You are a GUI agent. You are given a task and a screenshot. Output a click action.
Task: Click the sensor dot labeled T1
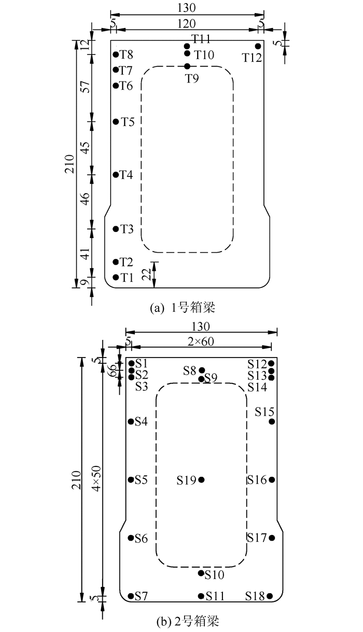click(x=116, y=278)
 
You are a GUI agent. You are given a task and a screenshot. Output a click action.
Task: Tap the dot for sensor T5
click(x=116, y=121)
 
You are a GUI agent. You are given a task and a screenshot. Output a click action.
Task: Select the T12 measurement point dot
click(x=258, y=46)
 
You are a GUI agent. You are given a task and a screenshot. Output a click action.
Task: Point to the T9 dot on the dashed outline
click(x=187, y=66)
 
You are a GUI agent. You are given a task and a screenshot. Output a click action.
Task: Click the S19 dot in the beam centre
click(x=201, y=479)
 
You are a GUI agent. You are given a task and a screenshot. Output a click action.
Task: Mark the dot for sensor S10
click(x=201, y=573)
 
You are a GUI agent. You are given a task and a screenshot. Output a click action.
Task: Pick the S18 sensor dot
click(x=270, y=596)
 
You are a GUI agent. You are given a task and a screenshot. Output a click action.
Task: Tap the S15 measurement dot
click(x=272, y=421)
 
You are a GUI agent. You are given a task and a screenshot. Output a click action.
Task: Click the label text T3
click(x=127, y=229)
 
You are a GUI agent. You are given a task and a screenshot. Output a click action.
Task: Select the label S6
click(x=141, y=539)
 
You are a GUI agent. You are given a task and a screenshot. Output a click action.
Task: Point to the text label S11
click(x=215, y=596)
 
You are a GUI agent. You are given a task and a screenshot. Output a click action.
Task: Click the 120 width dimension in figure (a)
click(x=187, y=24)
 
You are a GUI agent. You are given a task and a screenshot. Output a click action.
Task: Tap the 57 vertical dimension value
click(x=86, y=87)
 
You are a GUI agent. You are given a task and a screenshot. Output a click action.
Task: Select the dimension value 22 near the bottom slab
click(x=147, y=273)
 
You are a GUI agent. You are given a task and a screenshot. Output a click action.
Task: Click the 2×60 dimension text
click(x=201, y=341)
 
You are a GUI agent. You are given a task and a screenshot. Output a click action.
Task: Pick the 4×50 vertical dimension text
click(x=97, y=478)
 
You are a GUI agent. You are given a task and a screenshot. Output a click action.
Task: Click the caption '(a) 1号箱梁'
click(x=183, y=308)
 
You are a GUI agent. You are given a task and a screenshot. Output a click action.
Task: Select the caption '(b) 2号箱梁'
click(x=188, y=621)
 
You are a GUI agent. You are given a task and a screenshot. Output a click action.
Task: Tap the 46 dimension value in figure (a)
click(x=86, y=199)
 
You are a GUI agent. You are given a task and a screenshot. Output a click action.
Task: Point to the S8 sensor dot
click(x=202, y=370)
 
